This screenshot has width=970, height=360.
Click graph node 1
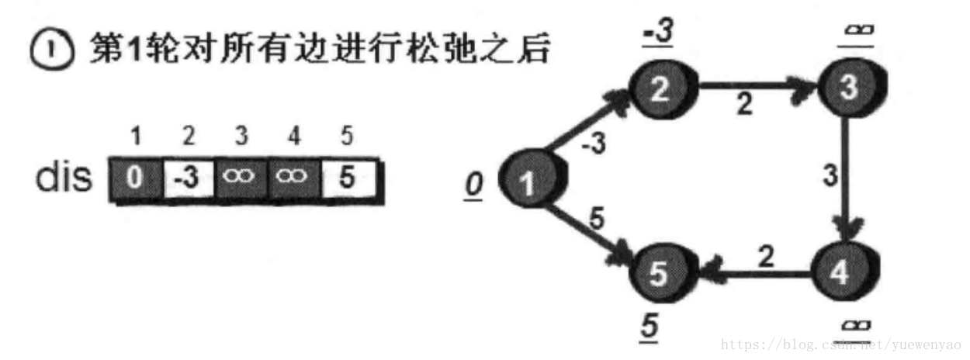(x=528, y=182)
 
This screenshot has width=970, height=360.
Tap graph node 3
(x=849, y=90)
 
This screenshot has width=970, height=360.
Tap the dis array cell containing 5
(x=347, y=180)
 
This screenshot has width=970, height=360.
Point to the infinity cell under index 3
(x=241, y=180)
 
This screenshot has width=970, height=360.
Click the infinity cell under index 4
(x=294, y=180)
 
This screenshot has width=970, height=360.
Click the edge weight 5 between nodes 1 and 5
(x=596, y=219)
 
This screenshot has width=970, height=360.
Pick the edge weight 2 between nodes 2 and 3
(x=744, y=106)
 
